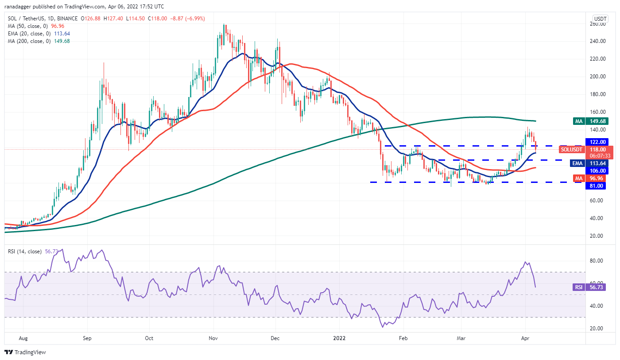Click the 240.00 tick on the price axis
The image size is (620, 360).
[x=598, y=41]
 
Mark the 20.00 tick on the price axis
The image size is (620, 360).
[x=598, y=236]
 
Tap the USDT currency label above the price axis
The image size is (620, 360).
[x=601, y=19]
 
